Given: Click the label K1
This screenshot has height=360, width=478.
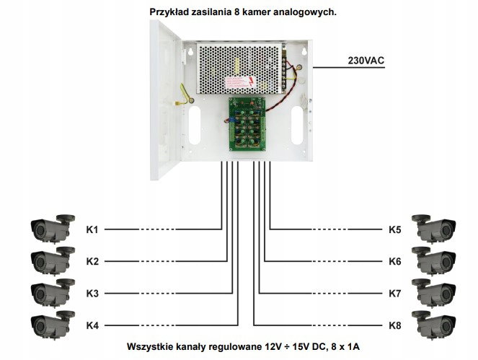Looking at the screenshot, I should (x=92, y=229).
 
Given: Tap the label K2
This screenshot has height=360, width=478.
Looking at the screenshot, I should (x=92, y=261).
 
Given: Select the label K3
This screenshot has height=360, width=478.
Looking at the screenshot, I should (x=92, y=293).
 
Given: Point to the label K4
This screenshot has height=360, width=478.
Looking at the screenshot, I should (x=92, y=325).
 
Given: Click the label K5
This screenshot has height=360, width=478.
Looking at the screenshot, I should (x=394, y=229).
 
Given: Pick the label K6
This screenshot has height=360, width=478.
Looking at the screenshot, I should (x=394, y=261).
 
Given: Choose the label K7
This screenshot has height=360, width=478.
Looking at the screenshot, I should (x=394, y=293).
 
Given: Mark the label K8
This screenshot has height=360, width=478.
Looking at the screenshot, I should (x=394, y=325).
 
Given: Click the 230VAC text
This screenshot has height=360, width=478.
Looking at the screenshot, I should (x=366, y=61).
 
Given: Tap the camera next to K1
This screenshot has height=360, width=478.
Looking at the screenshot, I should (x=51, y=227).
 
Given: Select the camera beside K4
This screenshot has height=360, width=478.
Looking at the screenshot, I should (x=51, y=324).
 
